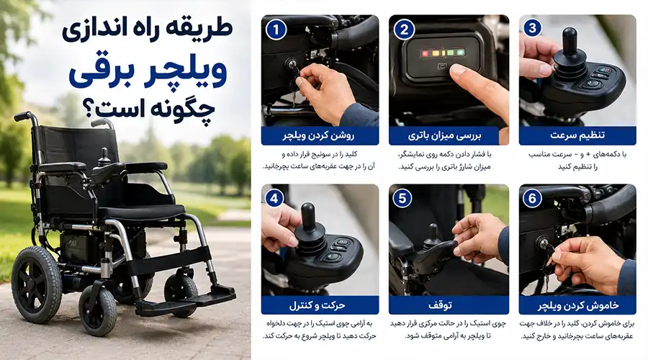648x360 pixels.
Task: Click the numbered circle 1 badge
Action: pyautogui.click(x=276, y=29)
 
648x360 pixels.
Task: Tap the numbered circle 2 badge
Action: pyautogui.click(x=404, y=29)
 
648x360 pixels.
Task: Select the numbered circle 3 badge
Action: pyautogui.click(x=532, y=27)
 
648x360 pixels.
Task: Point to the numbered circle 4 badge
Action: pyautogui.click(x=274, y=199)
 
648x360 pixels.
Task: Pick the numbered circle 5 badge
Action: pyautogui.click(x=402, y=199)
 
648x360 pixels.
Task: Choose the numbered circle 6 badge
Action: pyautogui.click(x=532, y=199)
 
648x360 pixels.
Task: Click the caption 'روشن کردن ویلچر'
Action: pyautogui.click(x=319, y=135)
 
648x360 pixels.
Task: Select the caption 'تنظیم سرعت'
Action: pyautogui.click(x=577, y=135)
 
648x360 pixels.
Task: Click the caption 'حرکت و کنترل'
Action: pyautogui.click(x=317, y=305)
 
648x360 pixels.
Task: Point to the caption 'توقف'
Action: pyautogui.click(x=440, y=305)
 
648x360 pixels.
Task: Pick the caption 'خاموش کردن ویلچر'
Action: pyautogui.click(x=578, y=305)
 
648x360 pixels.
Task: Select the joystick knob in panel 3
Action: pyautogui.click(x=570, y=41)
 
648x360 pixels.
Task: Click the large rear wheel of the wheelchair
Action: pyautogui.click(x=37, y=284)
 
